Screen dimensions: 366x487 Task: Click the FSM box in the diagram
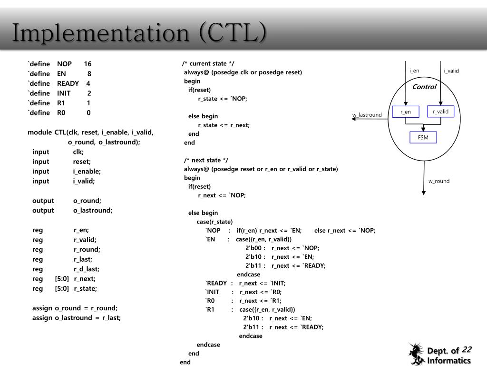tap(423, 138)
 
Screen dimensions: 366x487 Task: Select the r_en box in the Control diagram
tap(405, 112)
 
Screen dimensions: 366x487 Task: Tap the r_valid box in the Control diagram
tap(441, 112)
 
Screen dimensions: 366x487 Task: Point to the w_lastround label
tap(367, 115)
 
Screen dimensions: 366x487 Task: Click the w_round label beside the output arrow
tap(438, 181)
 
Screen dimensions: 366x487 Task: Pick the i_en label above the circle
tap(414, 71)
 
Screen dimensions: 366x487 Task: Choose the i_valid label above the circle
tap(451, 71)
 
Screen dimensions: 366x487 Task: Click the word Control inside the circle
tap(424, 87)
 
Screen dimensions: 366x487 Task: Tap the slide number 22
tap(467, 349)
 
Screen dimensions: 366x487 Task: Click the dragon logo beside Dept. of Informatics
tap(416, 354)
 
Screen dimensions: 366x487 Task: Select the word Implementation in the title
tap(100, 33)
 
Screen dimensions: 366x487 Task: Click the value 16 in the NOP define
tap(88, 64)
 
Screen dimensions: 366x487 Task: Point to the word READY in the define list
tap(68, 83)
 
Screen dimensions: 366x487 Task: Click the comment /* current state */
tap(208, 63)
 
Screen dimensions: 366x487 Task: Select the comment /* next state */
tap(206, 160)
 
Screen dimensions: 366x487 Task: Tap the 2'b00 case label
tap(255, 248)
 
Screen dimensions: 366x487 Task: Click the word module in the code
tap(39, 132)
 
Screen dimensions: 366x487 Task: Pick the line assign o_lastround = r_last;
tap(77, 318)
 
